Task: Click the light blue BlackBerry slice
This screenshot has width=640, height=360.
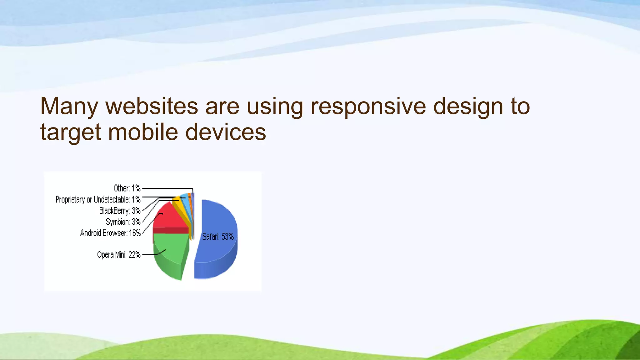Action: [x=185, y=200]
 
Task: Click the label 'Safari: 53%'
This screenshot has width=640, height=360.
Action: [x=218, y=237]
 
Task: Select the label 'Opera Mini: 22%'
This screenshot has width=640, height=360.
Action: [x=119, y=255]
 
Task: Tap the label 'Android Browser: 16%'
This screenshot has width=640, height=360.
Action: [x=111, y=233]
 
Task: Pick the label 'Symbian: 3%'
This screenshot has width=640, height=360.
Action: [x=123, y=222]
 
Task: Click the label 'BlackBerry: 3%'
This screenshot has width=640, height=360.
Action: [x=120, y=211]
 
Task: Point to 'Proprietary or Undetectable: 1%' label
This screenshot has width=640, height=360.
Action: [x=98, y=199]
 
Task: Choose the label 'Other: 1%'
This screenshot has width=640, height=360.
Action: [x=127, y=188]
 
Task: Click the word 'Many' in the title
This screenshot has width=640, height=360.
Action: [x=69, y=106]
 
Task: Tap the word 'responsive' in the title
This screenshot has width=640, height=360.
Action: [x=368, y=106]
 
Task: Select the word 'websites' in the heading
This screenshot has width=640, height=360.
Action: [x=152, y=106]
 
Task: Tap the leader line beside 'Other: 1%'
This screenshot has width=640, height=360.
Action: [x=167, y=188]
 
